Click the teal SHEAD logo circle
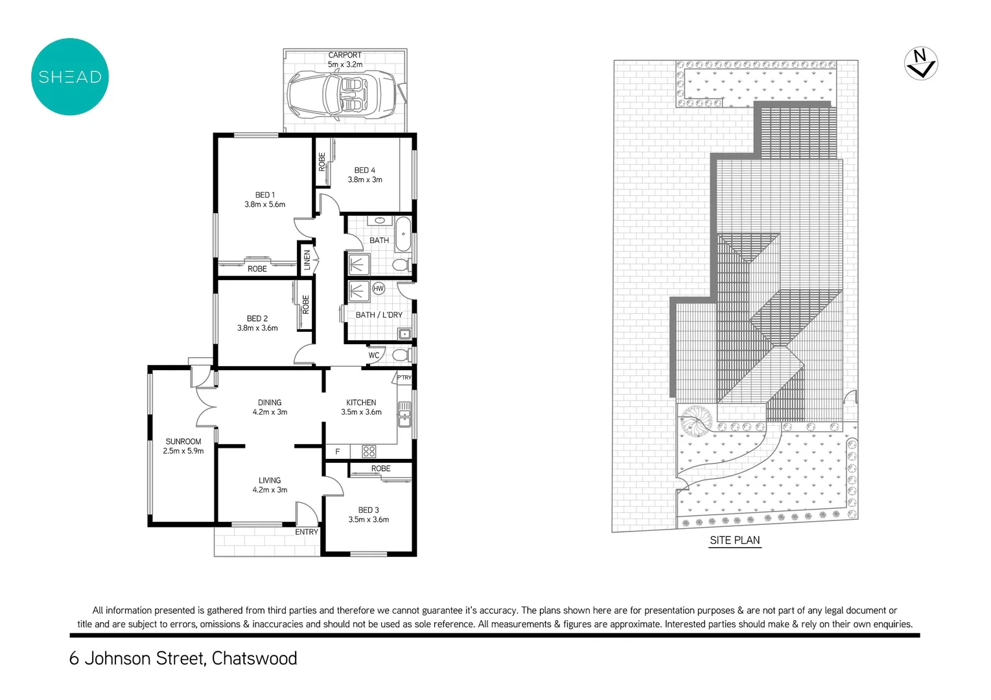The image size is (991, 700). pos(70,77)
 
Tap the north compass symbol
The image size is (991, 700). pos(920,64)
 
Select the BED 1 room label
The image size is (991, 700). pos(264,195)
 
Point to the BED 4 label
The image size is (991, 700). pos(364,170)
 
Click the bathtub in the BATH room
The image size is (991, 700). pos(403,234)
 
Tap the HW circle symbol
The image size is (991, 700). pos(379,288)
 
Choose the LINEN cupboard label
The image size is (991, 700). pos(307,260)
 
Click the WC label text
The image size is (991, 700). pos(374,355)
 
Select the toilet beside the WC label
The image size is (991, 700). pos(400,355)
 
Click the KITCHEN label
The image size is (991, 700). pos(361,402)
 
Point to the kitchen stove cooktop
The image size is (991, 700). pos(369,451)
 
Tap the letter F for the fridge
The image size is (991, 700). pos(337,452)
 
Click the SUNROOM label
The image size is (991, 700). pos(183,441)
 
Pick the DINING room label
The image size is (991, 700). pos(270,402)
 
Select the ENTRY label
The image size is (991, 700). pos(307,532)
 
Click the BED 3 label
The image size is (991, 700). pos(368,510)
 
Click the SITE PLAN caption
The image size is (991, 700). pos(734,541)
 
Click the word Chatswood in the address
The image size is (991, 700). pos(254,659)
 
